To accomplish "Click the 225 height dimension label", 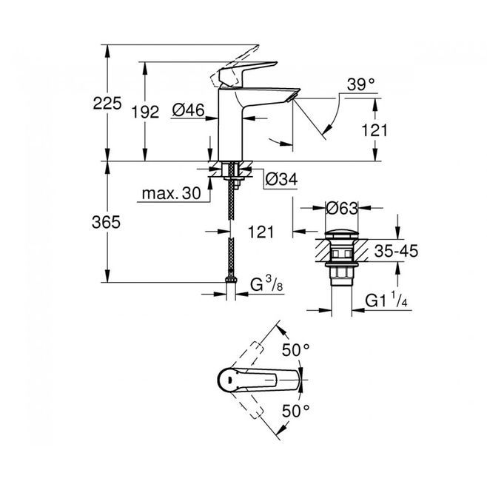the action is click(x=107, y=104).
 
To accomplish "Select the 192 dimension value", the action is click(x=145, y=112).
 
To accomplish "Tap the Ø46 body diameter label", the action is click(x=189, y=110).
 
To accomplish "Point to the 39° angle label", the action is click(x=360, y=84).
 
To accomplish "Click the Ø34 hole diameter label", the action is click(x=281, y=179).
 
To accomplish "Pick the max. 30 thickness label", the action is click(x=172, y=193).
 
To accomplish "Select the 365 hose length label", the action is click(x=106, y=222).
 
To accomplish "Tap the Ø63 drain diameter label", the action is click(x=342, y=208).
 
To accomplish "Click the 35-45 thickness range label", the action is click(x=396, y=251).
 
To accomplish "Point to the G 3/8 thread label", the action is click(x=267, y=284).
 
